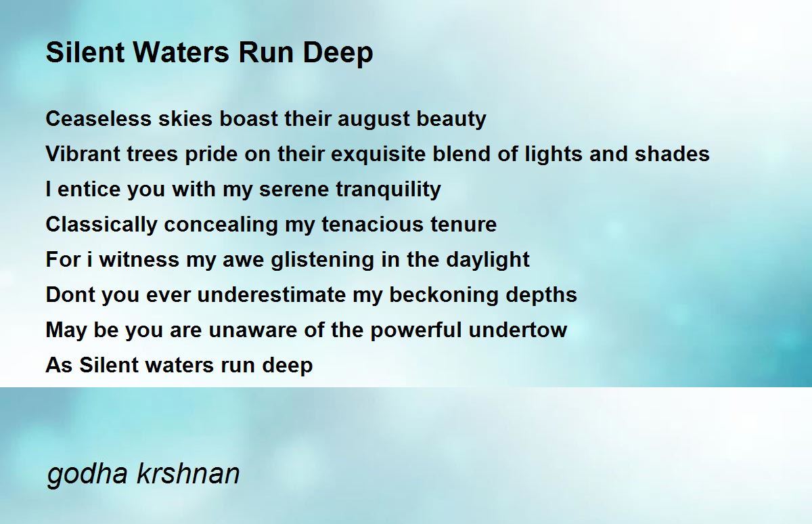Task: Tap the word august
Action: pos(374,120)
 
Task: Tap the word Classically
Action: pos(101,225)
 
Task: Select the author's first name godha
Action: pos(87,474)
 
